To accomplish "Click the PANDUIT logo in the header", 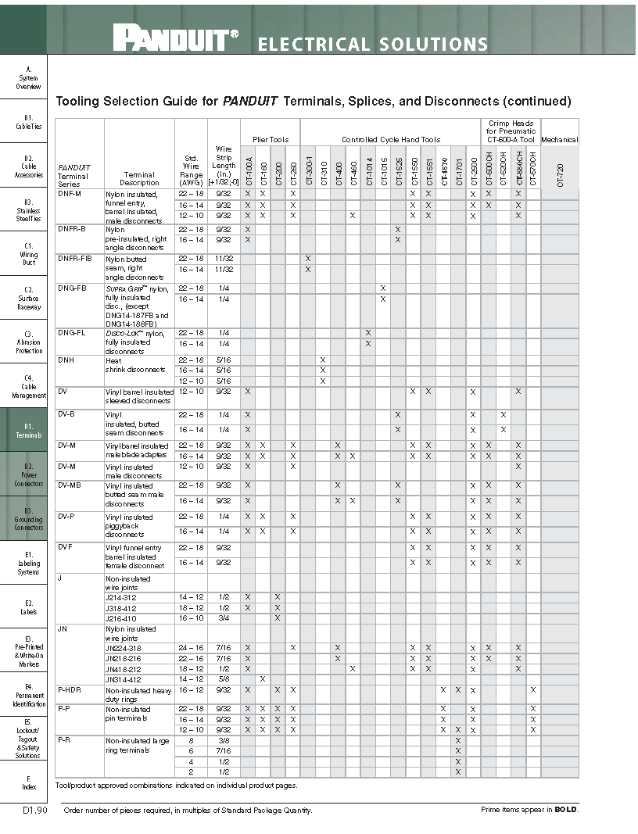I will pos(176,38).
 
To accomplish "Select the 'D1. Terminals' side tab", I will pos(29,431).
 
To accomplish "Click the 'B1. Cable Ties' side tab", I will pos(29,122).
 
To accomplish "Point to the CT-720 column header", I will pos(559,168).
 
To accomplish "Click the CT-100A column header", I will pos(248,168).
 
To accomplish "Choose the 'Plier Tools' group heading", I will pos(271,140).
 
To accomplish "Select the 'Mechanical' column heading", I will pos(559,140).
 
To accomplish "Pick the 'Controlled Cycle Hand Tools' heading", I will pos(391,140).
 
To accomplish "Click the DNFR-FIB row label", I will pos(75,258).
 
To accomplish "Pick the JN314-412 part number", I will pos(123,679).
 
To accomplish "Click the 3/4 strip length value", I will pos(224,618).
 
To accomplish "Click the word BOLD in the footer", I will pos(566,810).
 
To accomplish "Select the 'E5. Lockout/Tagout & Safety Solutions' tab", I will pos(29,739).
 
